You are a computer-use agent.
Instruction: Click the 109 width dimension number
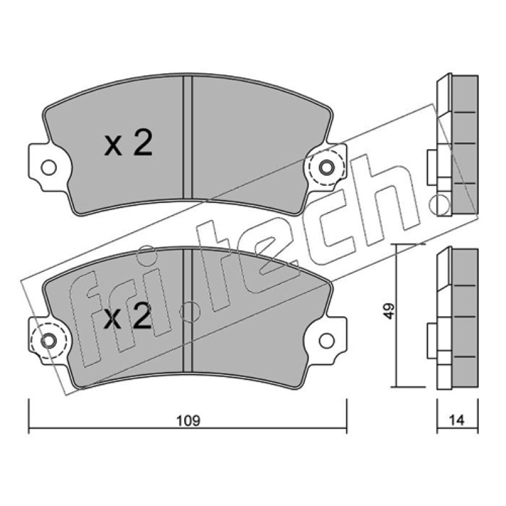click(x=188, y=421)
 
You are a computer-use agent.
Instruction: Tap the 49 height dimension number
click(x=390, y=311)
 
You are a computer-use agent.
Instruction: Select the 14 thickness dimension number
click(x=457, y=420)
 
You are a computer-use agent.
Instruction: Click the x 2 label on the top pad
click(x=128, y=144)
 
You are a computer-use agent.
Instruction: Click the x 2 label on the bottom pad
click(x=128, y=317)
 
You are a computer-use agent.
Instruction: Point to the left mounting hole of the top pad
click(x=49, y=168)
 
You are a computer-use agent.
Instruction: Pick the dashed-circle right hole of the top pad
click(x=326, y=168)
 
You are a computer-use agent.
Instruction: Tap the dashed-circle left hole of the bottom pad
click(x=49, y=341)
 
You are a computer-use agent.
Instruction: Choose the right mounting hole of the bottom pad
click(x=326, y=341)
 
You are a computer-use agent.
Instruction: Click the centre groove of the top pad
click(x=187, y=137)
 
